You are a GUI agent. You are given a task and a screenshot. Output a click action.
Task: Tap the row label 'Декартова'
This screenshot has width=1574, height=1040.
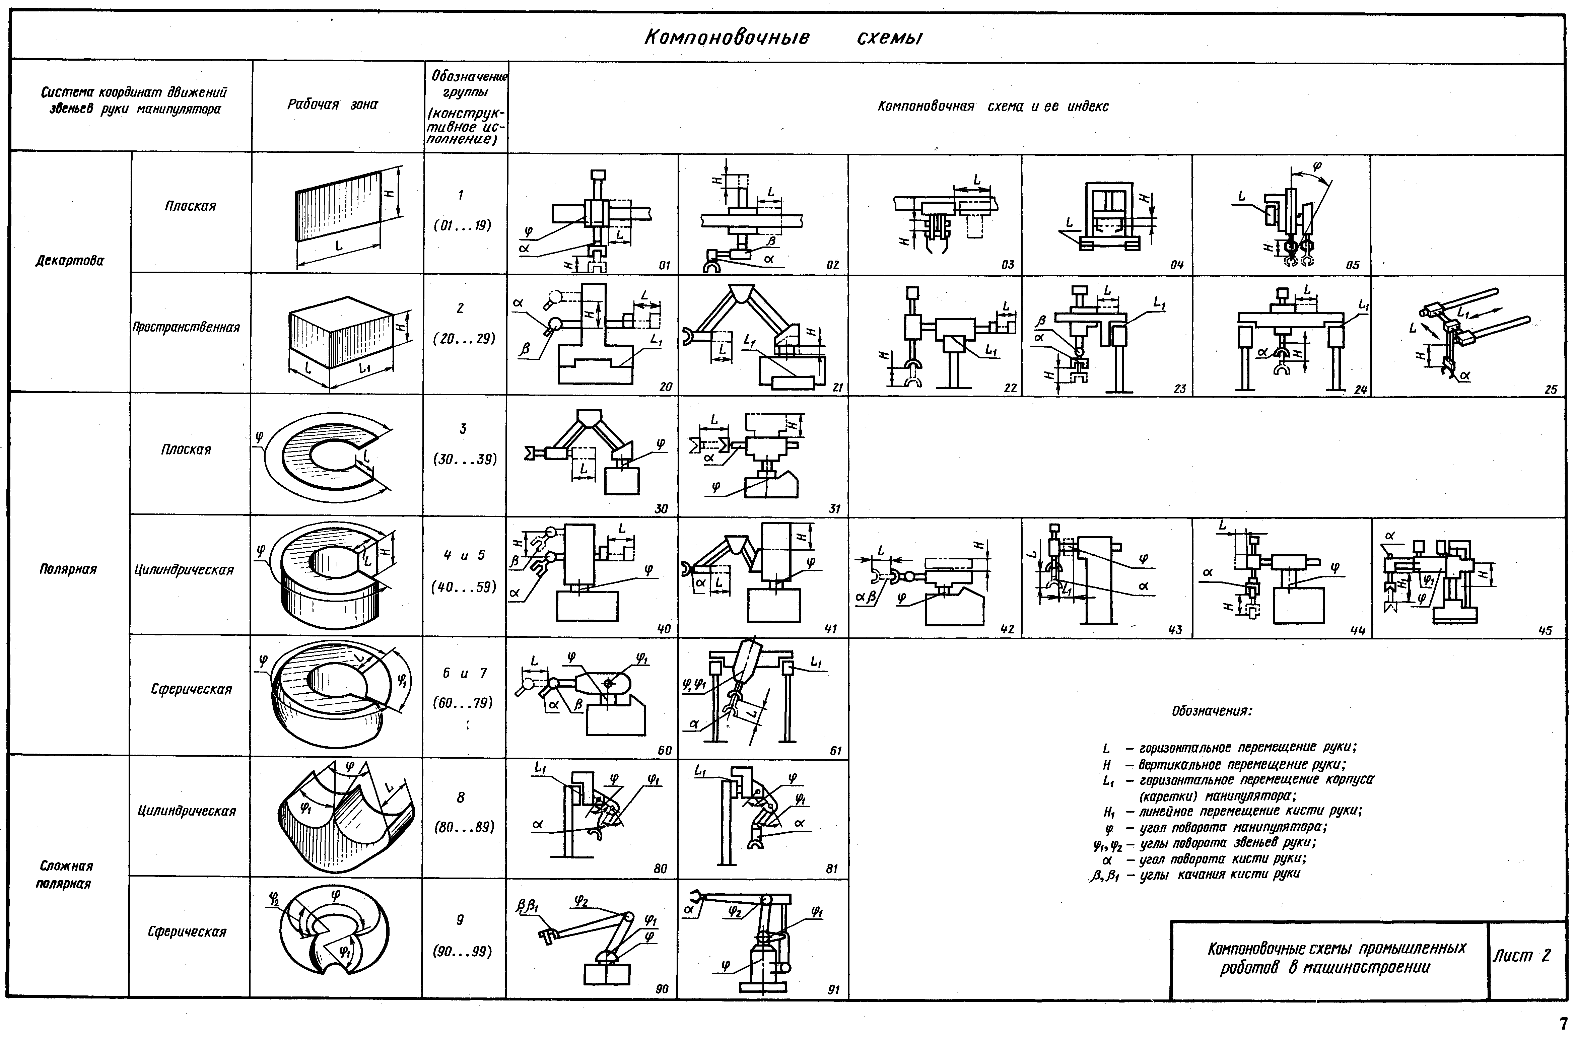(70, 261)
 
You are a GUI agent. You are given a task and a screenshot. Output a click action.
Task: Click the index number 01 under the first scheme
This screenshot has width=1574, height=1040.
(664, 265)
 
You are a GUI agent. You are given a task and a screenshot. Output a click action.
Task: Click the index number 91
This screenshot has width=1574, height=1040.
(834, 990)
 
